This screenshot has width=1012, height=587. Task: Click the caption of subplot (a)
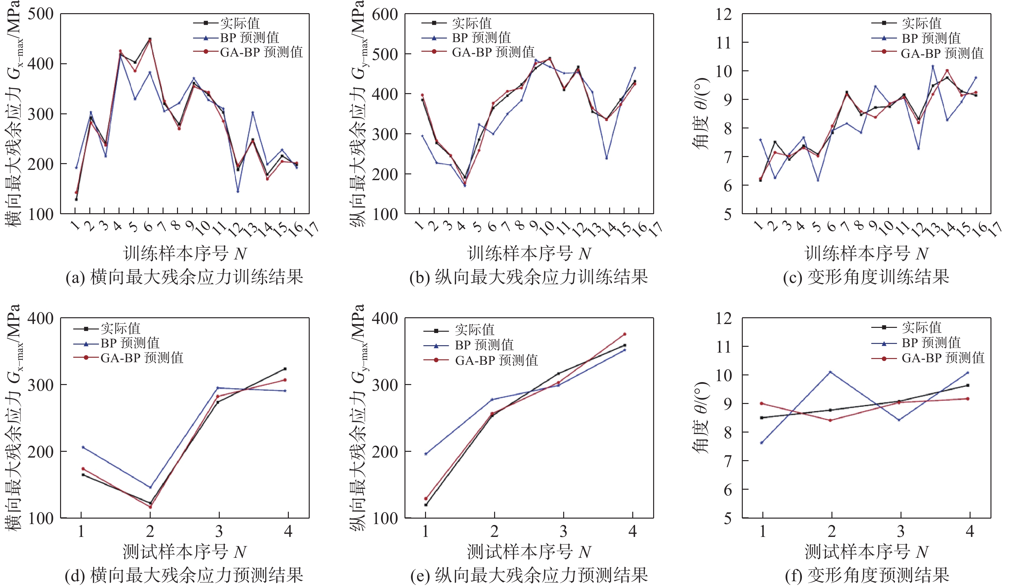coord(184,277)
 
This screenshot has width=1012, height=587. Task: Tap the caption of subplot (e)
coord(529,575)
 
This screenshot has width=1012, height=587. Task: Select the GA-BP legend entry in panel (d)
coord(128,358)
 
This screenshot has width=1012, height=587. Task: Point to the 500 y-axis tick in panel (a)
coord(40,14)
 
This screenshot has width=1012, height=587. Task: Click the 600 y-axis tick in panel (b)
coord(385,15)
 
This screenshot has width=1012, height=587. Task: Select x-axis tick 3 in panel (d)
coord(219,531)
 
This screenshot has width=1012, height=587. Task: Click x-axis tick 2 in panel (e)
coord(494,531)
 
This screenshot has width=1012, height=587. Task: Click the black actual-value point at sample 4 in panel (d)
coord(285,369)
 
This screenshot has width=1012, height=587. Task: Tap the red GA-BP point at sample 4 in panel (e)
coord(625,334)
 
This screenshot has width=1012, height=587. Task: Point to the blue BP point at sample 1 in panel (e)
coord(426,454)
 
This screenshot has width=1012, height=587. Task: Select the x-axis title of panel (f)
coord(867,552)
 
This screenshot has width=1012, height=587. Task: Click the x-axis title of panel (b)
coord(529,254)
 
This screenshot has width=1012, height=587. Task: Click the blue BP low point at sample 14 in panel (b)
coord(607,158)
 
